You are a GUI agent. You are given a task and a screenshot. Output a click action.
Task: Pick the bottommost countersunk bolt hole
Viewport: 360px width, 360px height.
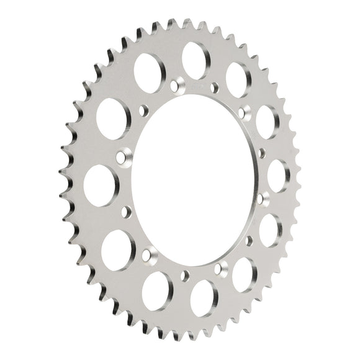coord(221,269)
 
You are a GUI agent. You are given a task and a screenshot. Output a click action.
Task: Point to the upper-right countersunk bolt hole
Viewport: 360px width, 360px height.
coord(243,111)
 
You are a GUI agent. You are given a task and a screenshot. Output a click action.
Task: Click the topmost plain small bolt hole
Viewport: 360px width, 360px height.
coord(215,86)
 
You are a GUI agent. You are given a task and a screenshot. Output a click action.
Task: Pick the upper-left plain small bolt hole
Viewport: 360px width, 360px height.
coord(144,111)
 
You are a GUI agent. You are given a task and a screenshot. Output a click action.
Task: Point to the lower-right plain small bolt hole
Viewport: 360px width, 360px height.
coord(249,239)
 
